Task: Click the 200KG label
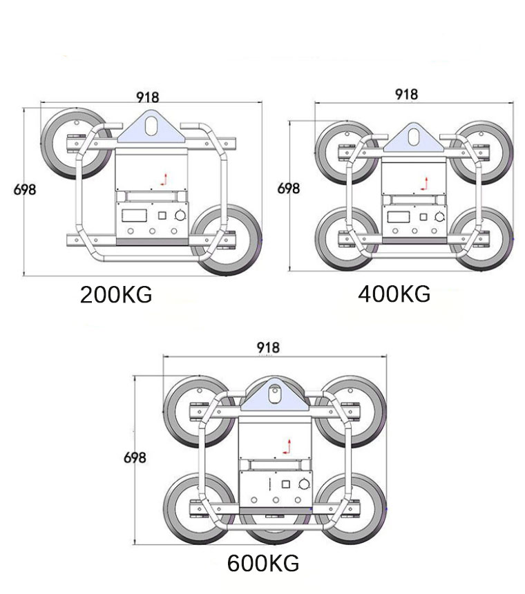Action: click(x=116, y=295)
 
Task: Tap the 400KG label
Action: click(x=394, y=294)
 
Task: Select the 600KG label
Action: click(x=263, y=564)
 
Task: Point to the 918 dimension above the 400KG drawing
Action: click(x=406, y=95)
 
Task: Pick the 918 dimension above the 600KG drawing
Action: click(x=267, y=348)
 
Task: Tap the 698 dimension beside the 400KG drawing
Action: click(x=289, y=188)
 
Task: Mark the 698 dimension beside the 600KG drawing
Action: click(x=135, y=457)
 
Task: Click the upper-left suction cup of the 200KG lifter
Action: click(x=75, y=143)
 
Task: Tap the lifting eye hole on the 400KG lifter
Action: click(x=413, y=135)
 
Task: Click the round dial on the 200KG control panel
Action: click(x=181, y=215)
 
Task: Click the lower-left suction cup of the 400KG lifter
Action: click(x=343, y=238)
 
